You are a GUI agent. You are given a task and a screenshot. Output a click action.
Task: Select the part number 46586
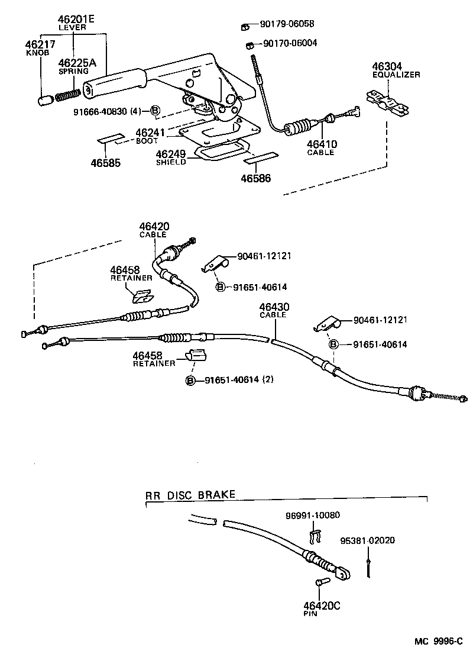click(255, 178)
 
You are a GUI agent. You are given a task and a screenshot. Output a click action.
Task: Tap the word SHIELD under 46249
click(170, 162)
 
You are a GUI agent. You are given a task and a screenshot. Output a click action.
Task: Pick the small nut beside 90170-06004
click(250, 45)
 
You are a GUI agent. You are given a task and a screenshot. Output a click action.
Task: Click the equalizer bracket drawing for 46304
click(387, 101)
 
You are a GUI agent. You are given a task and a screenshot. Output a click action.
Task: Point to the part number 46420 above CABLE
click(154, 226)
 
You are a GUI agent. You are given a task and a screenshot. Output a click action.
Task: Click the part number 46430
click(273, 307)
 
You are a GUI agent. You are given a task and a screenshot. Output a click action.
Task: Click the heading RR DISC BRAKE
click(190, 495)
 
